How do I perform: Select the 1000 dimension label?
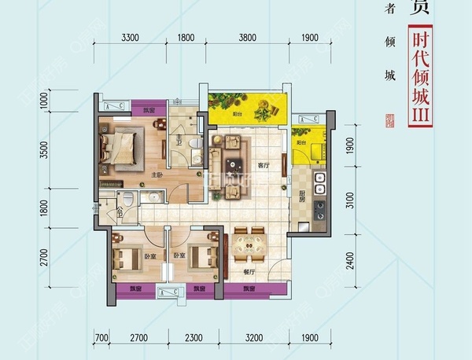point(45,99)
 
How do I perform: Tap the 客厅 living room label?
point(264,165)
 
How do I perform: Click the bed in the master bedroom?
point(118,147)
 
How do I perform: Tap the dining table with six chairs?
point(247,241)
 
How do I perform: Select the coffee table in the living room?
point(235,163)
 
